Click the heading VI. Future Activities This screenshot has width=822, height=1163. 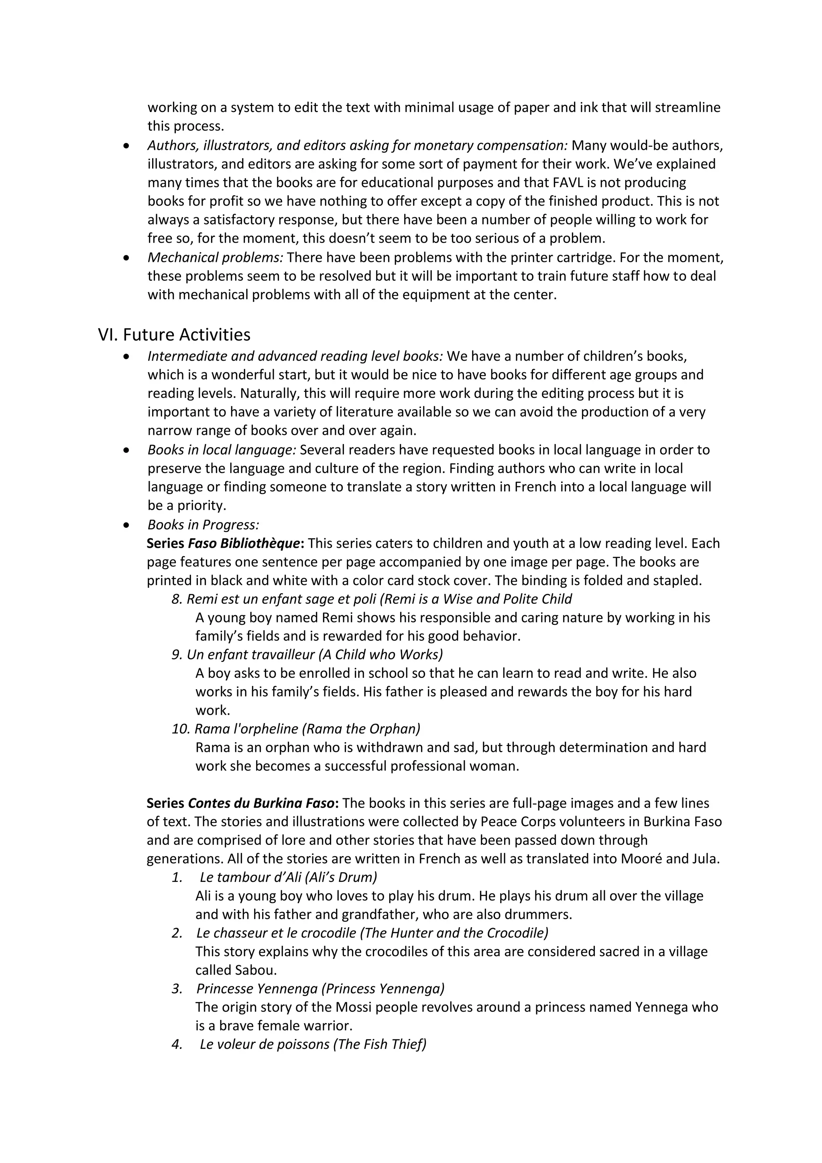174,335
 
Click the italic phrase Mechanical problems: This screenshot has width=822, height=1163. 215,257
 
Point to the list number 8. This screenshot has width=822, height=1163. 177,599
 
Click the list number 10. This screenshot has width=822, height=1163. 180,728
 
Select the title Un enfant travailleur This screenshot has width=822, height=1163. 250,655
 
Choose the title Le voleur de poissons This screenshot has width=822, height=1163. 265,1044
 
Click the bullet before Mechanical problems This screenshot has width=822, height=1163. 126,258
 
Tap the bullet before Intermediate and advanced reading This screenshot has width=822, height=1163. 126,357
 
